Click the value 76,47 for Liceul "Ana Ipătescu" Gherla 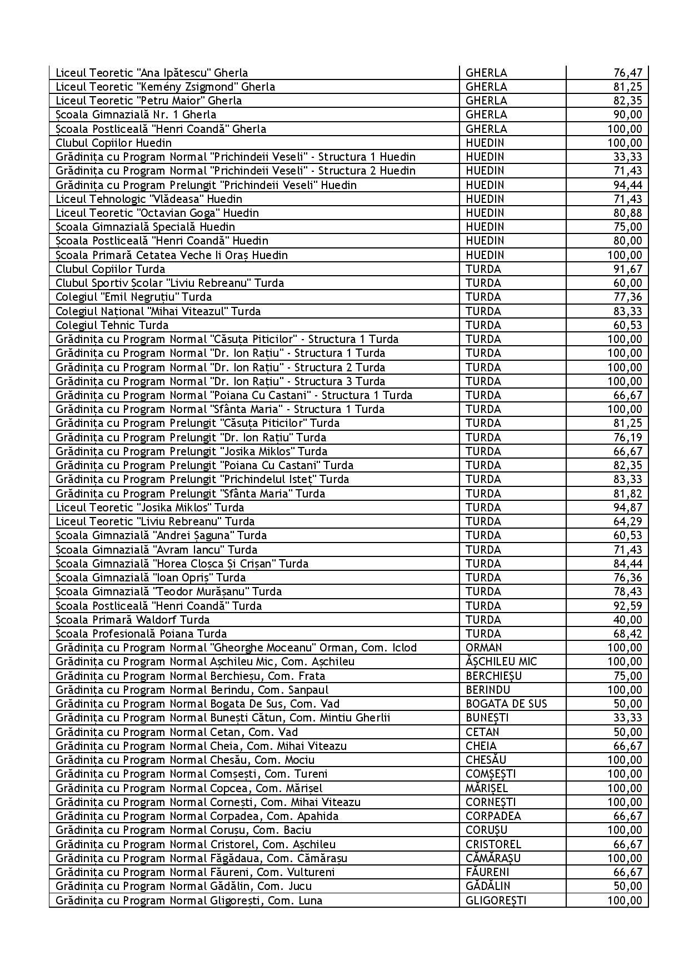tap(628, 73)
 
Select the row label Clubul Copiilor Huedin tap(113, 143)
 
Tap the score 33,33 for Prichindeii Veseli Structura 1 tap(628, 157)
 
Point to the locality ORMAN tap(483, 648)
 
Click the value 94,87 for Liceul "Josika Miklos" tap(628, 508)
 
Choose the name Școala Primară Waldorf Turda tap(133, 620)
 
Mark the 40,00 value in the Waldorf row tap(628, 620)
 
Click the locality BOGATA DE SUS tap(506, 704)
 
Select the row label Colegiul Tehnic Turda tap(112, 325)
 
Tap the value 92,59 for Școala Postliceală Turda tap(628, 606)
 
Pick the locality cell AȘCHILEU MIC tap(501, 661)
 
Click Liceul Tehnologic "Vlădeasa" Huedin tap(149, 199)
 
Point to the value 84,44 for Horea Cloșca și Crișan tap(628, 564)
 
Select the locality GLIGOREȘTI tap(496, 901)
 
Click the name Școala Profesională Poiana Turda tap(141, 634)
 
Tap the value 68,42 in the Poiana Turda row tap(628, 634)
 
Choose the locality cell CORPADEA tap(493, 816)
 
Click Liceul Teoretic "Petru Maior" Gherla tap(149, 101)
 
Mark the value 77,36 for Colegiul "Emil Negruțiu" tap(628, 297)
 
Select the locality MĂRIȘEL tap(487, 788)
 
